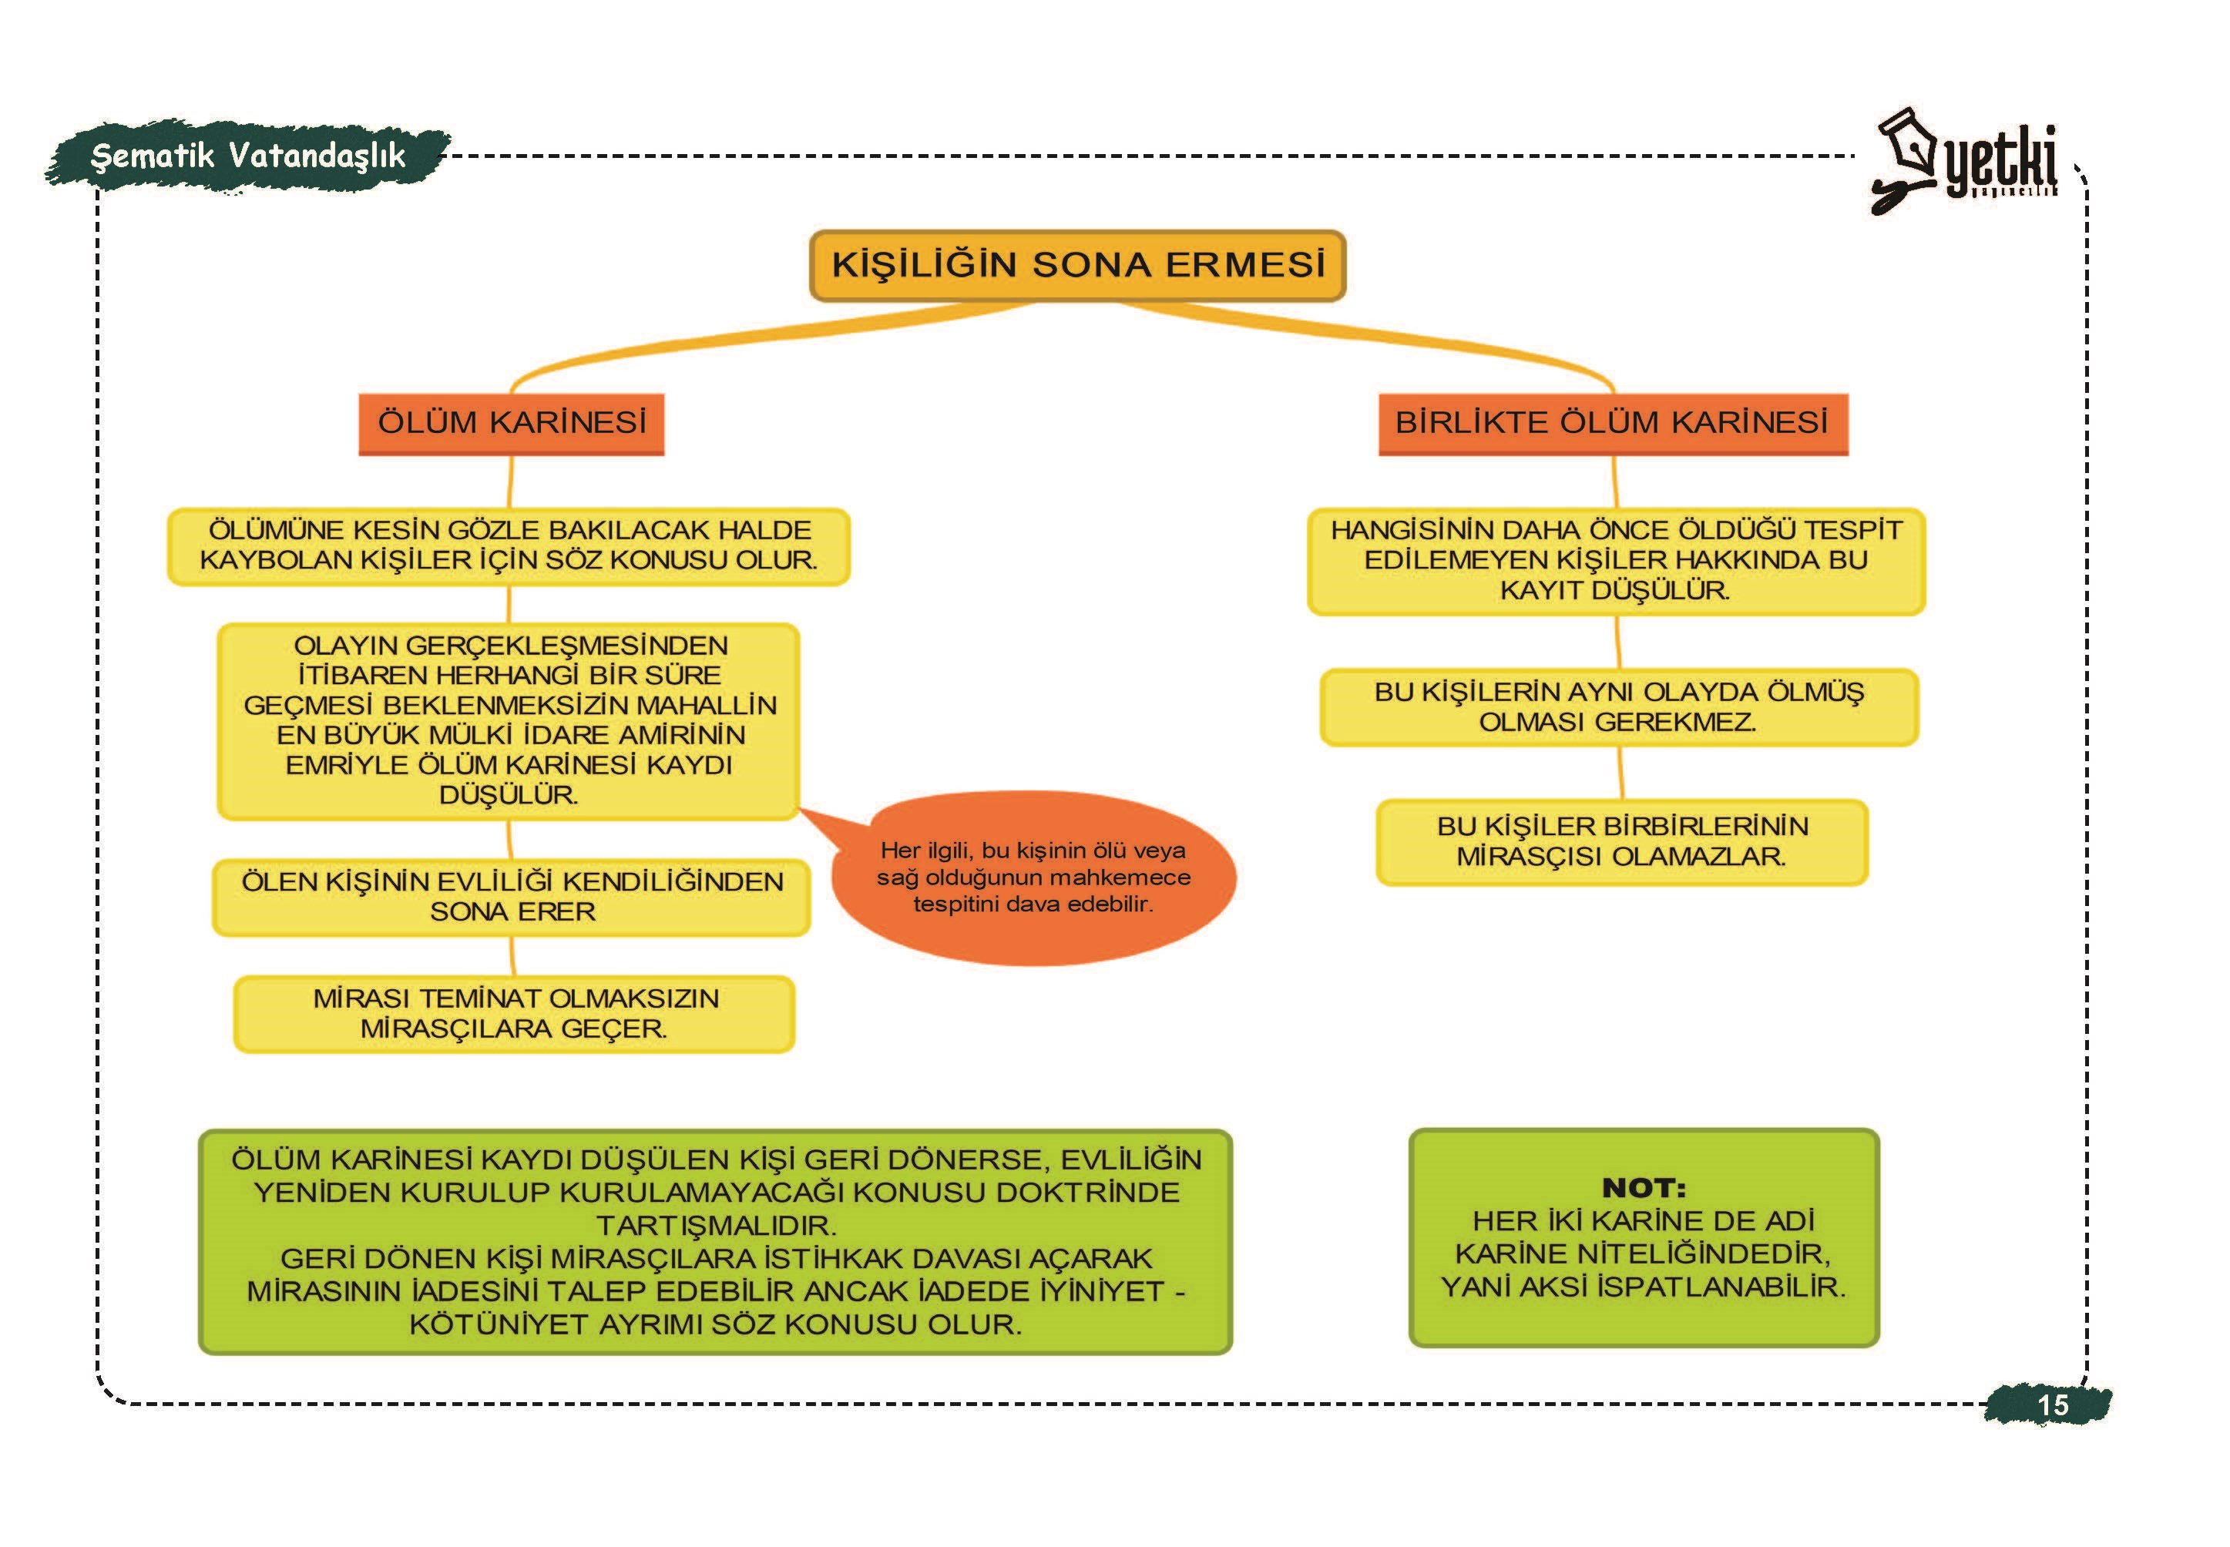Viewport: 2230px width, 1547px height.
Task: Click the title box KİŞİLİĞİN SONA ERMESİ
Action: pos(1077,264)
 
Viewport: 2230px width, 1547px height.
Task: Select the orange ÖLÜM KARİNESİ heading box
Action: pos(511,424)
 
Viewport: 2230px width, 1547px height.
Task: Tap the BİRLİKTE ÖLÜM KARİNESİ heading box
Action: pos(1612,424)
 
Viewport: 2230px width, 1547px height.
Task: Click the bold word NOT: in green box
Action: pos(1644,1187)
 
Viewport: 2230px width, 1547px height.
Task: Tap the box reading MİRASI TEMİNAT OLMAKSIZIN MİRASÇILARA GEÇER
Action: pos(515,1013)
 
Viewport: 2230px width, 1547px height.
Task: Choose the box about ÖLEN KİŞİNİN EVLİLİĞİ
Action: pos(512,897)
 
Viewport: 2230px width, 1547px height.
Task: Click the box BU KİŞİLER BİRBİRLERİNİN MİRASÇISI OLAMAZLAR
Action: pos(1622,841)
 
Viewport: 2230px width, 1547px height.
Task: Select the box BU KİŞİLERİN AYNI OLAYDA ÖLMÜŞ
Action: pos(1618,706)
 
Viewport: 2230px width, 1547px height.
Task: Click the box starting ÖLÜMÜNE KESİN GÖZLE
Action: pos(509,545)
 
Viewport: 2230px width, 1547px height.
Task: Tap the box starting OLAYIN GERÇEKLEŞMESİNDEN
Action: pos(509,721)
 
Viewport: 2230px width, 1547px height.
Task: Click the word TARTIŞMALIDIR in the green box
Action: pos(716,1225)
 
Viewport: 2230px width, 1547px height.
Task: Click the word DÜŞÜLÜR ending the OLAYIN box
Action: pos(509,795)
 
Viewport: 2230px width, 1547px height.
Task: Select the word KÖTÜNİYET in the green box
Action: pos(495,1324)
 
